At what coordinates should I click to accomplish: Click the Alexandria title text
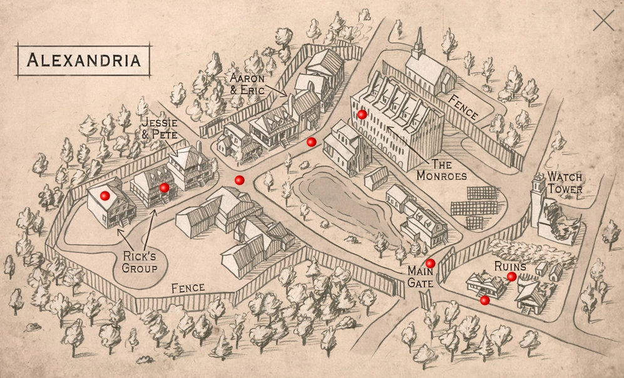click(x=83, y=60)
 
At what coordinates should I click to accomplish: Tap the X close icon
click(x=603, y=21)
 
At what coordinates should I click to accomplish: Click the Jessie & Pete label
click(x=159, y=128)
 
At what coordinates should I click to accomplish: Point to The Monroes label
click(x=442, y=170)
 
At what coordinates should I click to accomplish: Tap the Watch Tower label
click(x=565, y=182)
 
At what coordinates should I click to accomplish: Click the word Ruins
click(x=511, y=265)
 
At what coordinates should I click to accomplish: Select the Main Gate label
click(x=420, y=276)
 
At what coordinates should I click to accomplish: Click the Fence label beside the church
click(x=463, y=107)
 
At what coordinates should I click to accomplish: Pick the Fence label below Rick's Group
click(x=188, y=288)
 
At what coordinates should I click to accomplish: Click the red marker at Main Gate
click(x=430, y=263)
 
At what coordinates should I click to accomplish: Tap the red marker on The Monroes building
click(x=362, y=115)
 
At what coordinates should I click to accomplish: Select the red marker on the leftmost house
click(x=105, y=196)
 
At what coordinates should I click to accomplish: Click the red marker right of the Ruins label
click(x=511, y=277)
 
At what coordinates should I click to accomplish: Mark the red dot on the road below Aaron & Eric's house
click(x=311, y=142)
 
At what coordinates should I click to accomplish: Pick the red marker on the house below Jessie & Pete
click(x=164, y=188)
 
